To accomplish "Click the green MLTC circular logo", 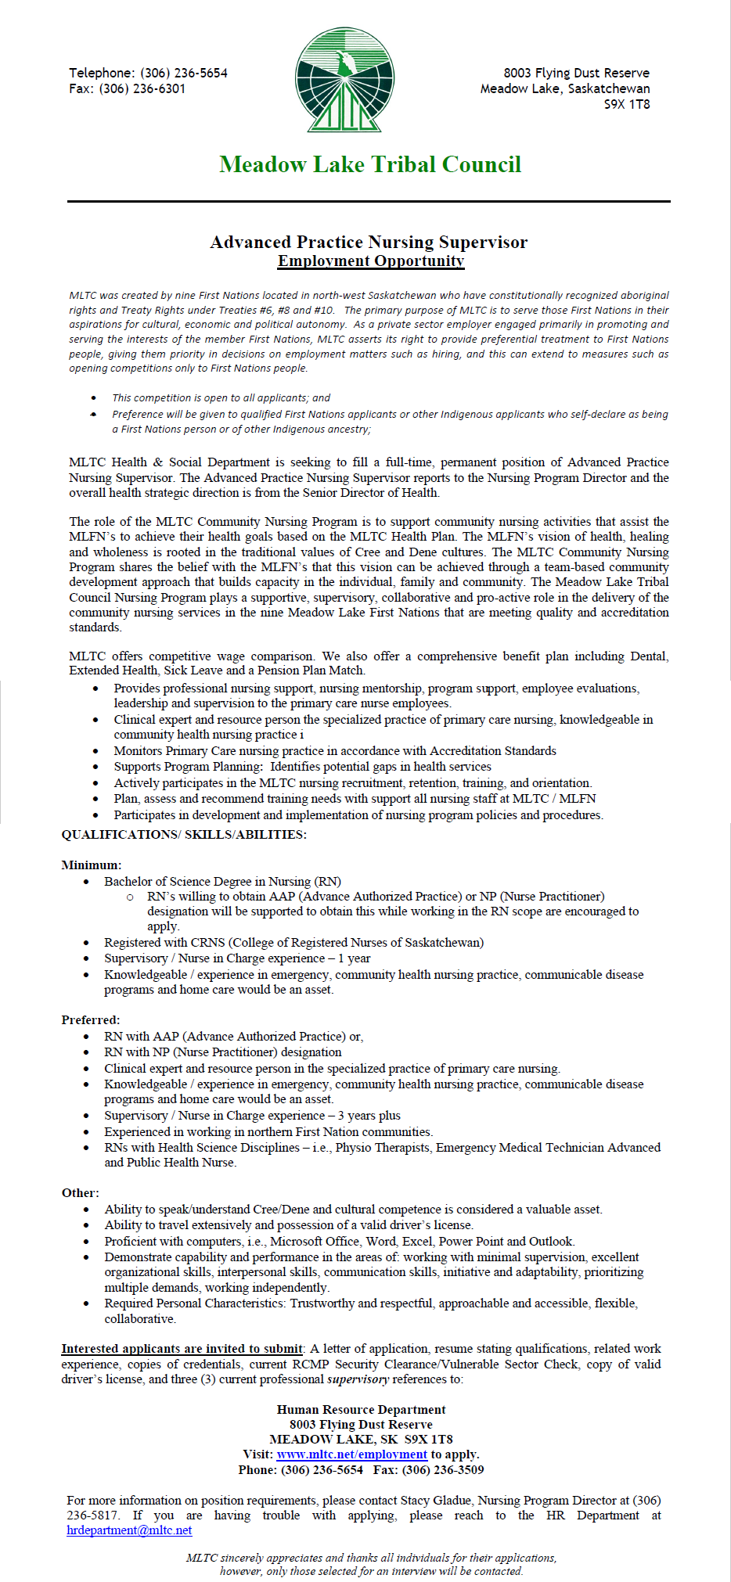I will [x=344, y=80].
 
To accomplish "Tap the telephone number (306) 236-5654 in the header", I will [x=184, y=73].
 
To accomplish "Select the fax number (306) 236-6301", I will [x=142, y=88].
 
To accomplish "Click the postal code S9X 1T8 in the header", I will [x=626, y=104].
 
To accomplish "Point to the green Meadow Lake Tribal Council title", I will [x=370, y=164].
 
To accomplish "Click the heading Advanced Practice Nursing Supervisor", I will [x=369, y=242].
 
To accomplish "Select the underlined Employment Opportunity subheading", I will [x=371, y=261].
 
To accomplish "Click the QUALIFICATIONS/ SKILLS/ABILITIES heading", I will [x=184, y=835].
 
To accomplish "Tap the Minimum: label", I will [x=92, y=865].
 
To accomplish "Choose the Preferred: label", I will [x=91, y=1020].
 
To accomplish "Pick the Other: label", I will [x=81, y=1193].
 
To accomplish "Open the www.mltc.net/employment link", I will [x=352, y=1454].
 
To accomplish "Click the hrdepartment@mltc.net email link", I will [x=129, y=1530].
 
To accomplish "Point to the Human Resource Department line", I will [x=361, y=1409].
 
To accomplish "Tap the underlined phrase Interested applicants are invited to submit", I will [x=182, y=1349].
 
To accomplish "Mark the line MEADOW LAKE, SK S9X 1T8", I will [x=361, y=1439].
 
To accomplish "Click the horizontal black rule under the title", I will [x=369, y=201].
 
